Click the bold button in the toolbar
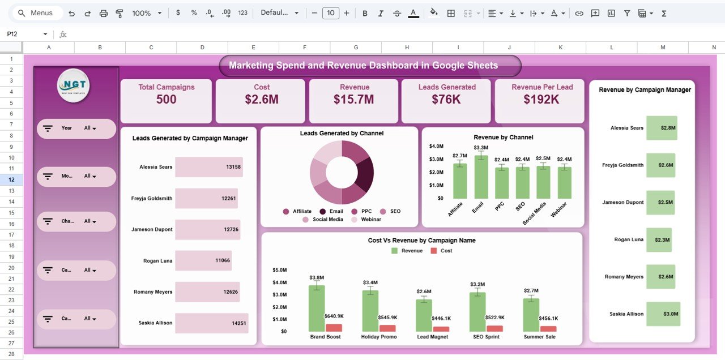365,13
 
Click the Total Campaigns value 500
166,100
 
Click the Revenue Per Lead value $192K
541,100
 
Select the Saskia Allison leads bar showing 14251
211,323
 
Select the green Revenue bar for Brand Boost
317,308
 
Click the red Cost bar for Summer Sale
548,328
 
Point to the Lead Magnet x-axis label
433,337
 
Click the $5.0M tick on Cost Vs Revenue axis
280,270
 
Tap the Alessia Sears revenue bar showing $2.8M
662,128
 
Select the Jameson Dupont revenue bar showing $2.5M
660,202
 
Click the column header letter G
356,48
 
